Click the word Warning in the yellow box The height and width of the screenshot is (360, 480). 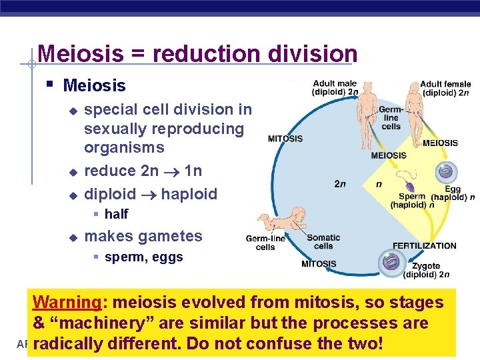[65, 303]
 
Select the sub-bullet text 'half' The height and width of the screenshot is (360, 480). [116, 214]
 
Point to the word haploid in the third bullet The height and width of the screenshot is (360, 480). [189, 194]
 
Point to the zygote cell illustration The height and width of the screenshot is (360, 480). [391, 261]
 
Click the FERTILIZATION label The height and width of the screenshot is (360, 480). [424, 245]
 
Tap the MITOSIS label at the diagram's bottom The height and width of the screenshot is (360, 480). [319, 264]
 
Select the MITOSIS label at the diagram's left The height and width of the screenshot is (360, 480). [285, 139]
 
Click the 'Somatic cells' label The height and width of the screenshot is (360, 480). [323, 241]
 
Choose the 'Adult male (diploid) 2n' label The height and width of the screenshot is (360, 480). [337, 88]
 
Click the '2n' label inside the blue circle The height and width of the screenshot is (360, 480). [340, 184]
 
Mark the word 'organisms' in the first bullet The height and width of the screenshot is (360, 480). [124, 147]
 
